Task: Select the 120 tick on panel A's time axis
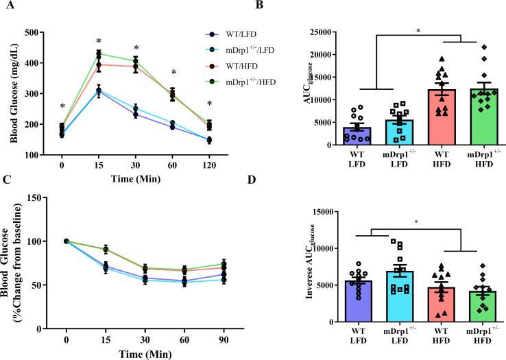(209, 166)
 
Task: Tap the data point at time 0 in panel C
(67, 241)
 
